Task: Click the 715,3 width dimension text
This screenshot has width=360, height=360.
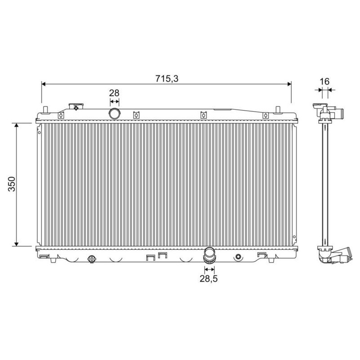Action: (x=166, y=79)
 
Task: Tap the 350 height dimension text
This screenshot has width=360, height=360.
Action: (x=12, y=184)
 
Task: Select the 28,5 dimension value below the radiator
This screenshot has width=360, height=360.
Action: (x=208, y=279)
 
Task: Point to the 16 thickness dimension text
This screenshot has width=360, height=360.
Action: (x=324, y=81)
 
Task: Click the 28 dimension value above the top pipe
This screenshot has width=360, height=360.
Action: (x=114, y=93)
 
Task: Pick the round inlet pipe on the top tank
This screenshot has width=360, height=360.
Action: (x=115, y=113)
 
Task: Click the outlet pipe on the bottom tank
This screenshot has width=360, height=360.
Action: (x=209, y=255)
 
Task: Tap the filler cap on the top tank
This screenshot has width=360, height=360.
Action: (x=76, y=107)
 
